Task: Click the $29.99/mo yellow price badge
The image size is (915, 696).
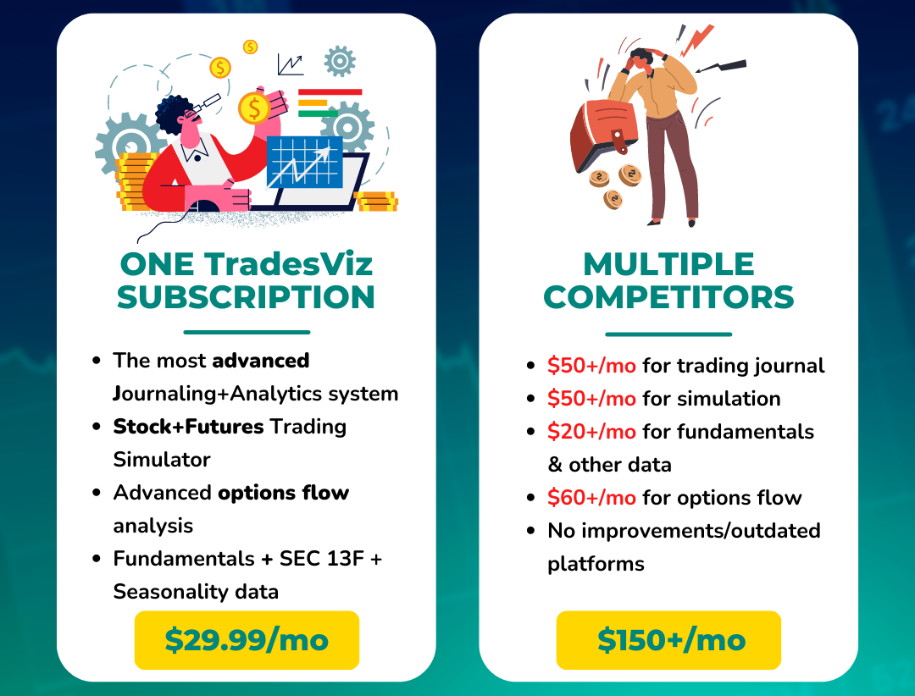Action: [x=247, y=640]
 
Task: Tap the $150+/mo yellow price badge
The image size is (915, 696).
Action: [x=668, y=640]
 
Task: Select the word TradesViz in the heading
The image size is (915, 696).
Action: [x=288, y=263]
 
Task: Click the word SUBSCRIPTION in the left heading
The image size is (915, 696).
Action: [x=246, y=297]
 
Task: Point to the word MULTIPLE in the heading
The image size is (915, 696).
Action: [x=668, y=263]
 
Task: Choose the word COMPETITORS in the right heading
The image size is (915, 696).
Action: [x=668, y=297]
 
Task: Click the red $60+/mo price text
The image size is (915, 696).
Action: [x=591, y=498]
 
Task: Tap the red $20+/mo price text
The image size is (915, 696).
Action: [x=591, y=432]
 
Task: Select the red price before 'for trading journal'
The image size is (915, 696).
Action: [x=591, y=366]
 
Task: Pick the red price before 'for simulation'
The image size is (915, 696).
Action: [x=591, y=399]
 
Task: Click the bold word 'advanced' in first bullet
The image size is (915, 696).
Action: [x=261, y=361]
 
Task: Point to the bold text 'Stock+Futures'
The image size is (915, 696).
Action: [x=188, y=427]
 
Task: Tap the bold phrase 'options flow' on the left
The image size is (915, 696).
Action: [x=284, y=493]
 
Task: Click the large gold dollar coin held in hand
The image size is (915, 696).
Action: [x=254, y=108]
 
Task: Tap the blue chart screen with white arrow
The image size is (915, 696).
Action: [x=305, y=163]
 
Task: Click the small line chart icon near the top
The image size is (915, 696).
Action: [x=291, y=64]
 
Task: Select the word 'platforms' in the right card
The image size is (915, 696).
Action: [x=596, y=564]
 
